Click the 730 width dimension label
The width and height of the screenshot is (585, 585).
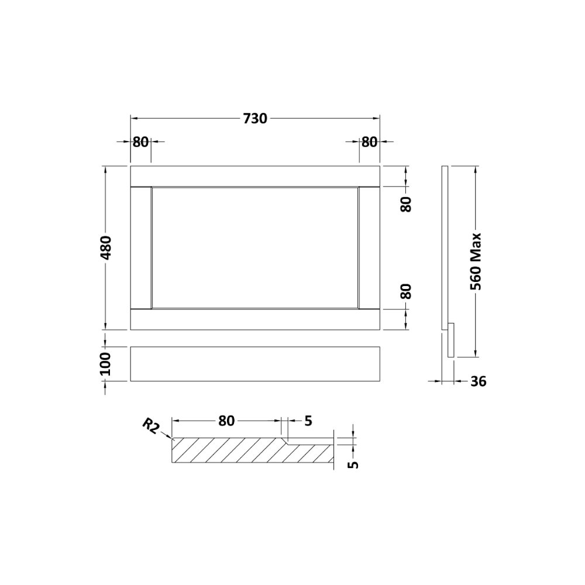pos(255,119)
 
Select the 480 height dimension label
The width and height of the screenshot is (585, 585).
pos(106,247)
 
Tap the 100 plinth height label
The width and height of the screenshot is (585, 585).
pos(106,364)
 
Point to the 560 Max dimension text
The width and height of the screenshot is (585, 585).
pos(476,261)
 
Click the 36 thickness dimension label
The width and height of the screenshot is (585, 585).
pos(479,381)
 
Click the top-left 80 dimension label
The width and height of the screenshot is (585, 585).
pos(140,142)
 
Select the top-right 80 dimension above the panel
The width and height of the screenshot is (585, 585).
pos(369,142)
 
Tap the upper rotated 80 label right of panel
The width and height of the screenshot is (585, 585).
pos(406,204)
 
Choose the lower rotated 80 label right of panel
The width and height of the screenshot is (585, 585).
pos(406,291)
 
